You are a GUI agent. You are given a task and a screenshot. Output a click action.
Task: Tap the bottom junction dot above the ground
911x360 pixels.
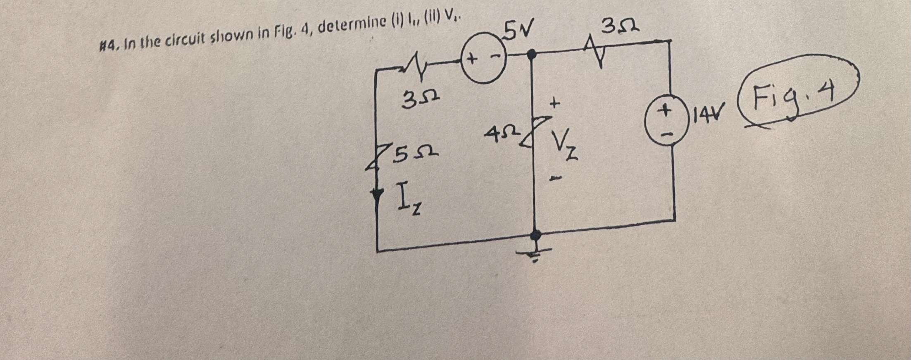(535, 235)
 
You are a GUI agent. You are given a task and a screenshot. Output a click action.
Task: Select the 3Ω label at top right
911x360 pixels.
(619, 28)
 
